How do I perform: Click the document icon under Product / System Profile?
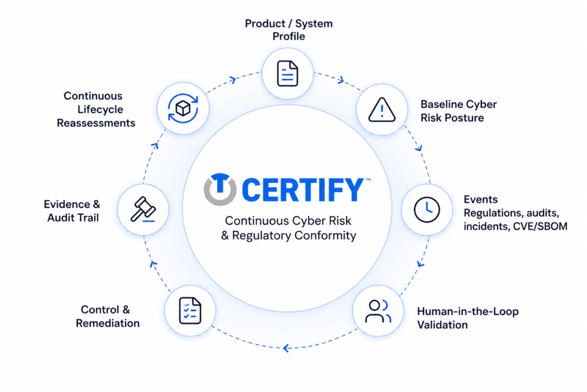click(x=288, y=73)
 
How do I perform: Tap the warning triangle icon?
click(x=381, y=110)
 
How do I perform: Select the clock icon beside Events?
click(x=426, y=209)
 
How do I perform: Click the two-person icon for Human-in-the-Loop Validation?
click(x=378, y=311)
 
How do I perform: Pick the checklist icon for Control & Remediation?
click(x=190, y=311)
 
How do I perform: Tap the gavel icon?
click(x=143, y=209)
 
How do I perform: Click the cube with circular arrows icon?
click(x=183, y=108)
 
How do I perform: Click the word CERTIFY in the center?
click(x=303, y=190)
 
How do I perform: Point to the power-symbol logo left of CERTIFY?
click(x=220, y=189)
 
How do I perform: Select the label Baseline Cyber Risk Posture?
click(x=459, y=111)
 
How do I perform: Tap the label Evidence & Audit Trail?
click(x=72, y=211)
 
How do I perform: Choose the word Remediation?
click(x=108, y=323)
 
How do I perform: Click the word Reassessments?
click(x=96, y=123)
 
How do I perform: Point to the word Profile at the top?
click(x=289, y=36)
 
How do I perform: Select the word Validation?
click(x=443, y=324)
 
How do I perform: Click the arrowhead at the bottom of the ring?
click(x=287, y=348)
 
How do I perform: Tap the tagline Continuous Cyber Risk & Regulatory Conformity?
click(x=288, y=228)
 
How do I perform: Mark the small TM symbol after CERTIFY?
click(x=369, y=180)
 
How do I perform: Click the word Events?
click(x=481, y=199)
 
